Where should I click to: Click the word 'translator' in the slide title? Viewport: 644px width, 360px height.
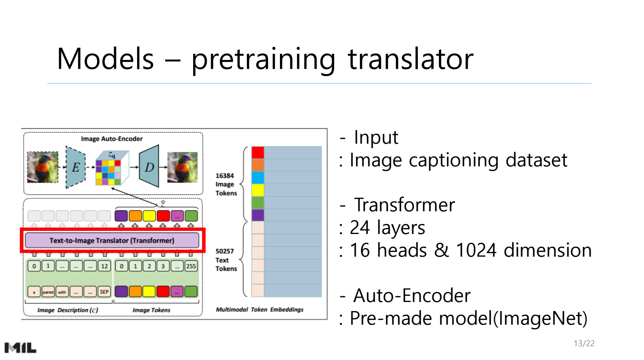[411, 59]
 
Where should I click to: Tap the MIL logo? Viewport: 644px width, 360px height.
[20, 348]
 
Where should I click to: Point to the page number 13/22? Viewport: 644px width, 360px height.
[584, 343]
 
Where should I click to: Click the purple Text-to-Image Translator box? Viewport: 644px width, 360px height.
[112, 241]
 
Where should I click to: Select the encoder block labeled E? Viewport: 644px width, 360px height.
[76, 167]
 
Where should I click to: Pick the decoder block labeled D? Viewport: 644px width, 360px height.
[149, 166]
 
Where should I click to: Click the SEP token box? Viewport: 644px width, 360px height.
[104, 292]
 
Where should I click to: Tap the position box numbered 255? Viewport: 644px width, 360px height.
[191, 266]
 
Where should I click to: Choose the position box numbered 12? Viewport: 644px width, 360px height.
[104, 266]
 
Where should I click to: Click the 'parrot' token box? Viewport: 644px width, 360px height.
[48, 292]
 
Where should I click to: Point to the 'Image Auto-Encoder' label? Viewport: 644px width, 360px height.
[112, 139]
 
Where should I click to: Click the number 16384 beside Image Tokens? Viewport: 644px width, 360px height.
[225, 176]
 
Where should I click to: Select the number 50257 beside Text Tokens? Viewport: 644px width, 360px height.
[225, 251]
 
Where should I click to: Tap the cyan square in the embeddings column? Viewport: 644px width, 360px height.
[258, 178]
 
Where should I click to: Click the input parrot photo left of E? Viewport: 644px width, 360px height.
[43, 167]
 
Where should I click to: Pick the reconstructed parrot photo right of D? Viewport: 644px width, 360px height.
[182, 168]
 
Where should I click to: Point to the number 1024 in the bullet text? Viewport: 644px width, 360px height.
[476, 250]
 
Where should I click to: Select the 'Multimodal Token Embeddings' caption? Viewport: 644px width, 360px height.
[260, 309]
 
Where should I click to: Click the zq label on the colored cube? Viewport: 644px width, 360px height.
[112, 155]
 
